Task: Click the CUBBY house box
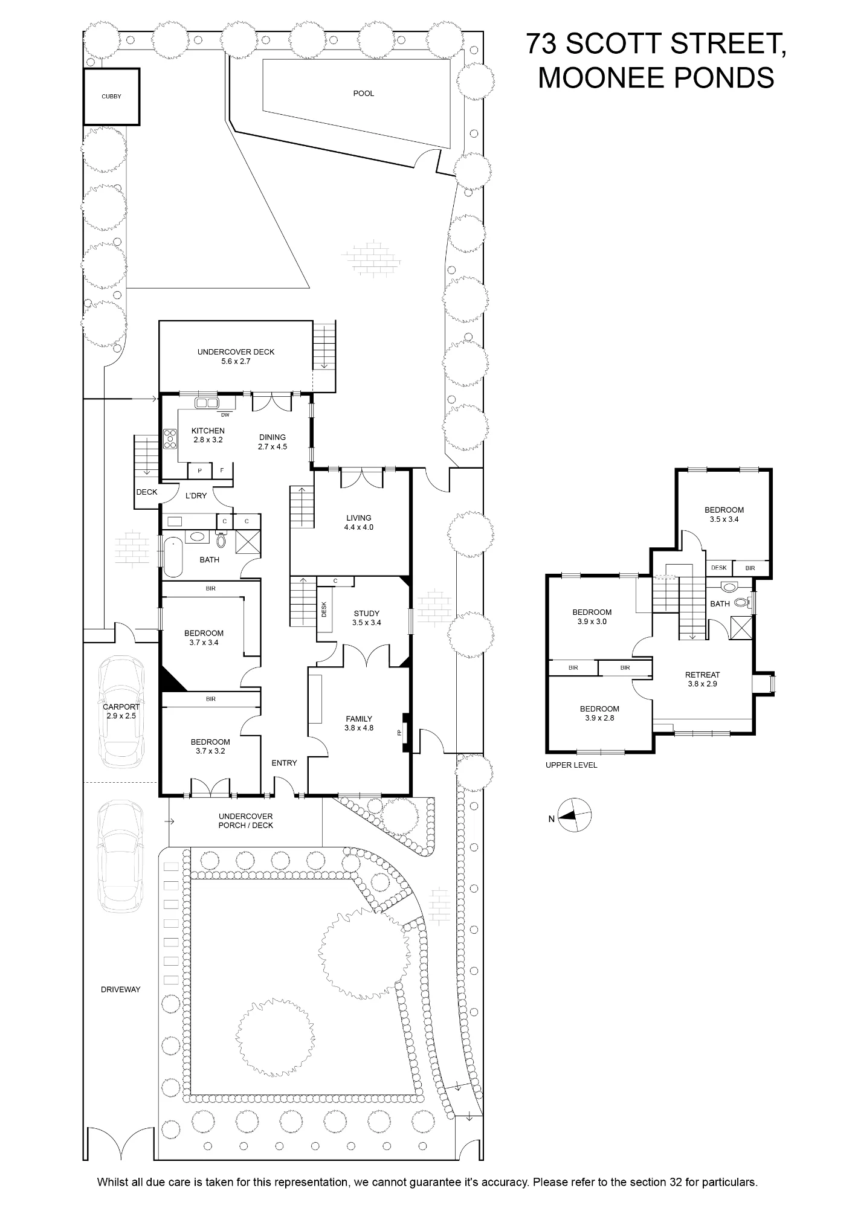112,97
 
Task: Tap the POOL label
364,94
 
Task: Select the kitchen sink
206,403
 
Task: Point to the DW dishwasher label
225,415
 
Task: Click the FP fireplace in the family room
399,733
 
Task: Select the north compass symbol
574,815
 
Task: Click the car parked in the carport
122,712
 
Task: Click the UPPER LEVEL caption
571,765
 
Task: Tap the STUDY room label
367,614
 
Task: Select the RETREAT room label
702,675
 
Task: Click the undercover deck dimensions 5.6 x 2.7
236,361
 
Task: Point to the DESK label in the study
324,608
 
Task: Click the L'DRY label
196,496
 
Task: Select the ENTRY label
284,763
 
